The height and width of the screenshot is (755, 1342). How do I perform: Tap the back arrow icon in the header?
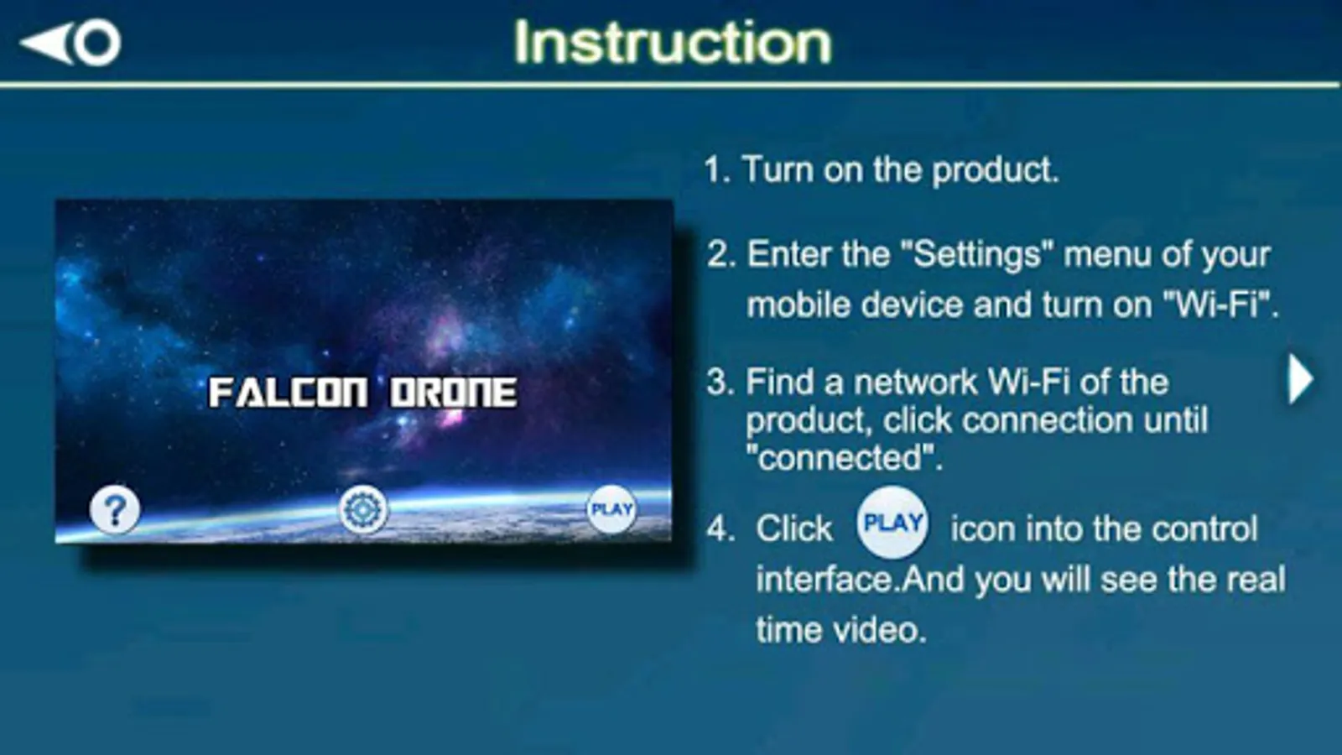point(70,43)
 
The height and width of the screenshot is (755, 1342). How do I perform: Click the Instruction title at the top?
point(672,42)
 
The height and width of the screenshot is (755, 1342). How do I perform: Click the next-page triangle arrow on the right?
point(1301,378)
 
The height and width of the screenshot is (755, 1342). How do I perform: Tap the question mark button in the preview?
point(114,510)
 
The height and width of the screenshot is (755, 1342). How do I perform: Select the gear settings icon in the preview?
point(362,510)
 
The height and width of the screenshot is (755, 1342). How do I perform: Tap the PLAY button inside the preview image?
point(611,509)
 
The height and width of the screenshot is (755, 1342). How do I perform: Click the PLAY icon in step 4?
point(892,523)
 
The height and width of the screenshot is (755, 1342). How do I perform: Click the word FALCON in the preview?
point(288,393)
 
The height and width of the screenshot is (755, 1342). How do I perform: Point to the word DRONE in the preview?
point(454,393)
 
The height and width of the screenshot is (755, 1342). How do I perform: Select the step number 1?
point(717,170)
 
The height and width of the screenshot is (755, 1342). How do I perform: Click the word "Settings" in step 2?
point(977,254)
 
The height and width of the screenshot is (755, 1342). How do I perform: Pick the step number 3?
point(720,383)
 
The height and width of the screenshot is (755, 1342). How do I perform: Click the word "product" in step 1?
point(995,171)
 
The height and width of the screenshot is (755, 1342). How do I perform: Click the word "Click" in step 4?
point(793,528)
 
